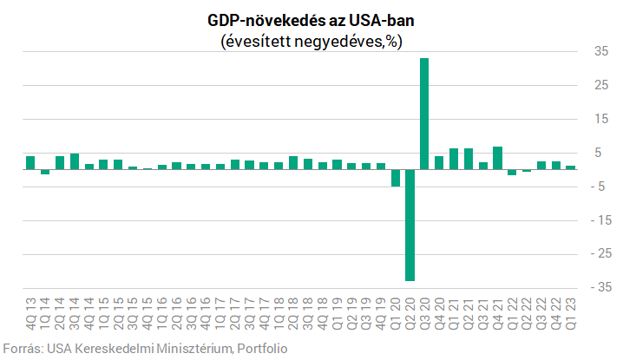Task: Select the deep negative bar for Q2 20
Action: (410, 225)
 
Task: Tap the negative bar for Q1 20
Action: (396, 178)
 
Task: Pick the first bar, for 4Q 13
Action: (30, 163)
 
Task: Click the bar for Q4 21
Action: (498, 158)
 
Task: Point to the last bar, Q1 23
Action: (571, 167)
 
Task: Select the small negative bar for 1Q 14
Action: (45, 172)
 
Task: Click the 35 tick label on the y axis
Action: (599, 52)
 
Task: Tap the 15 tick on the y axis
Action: (599, 120)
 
